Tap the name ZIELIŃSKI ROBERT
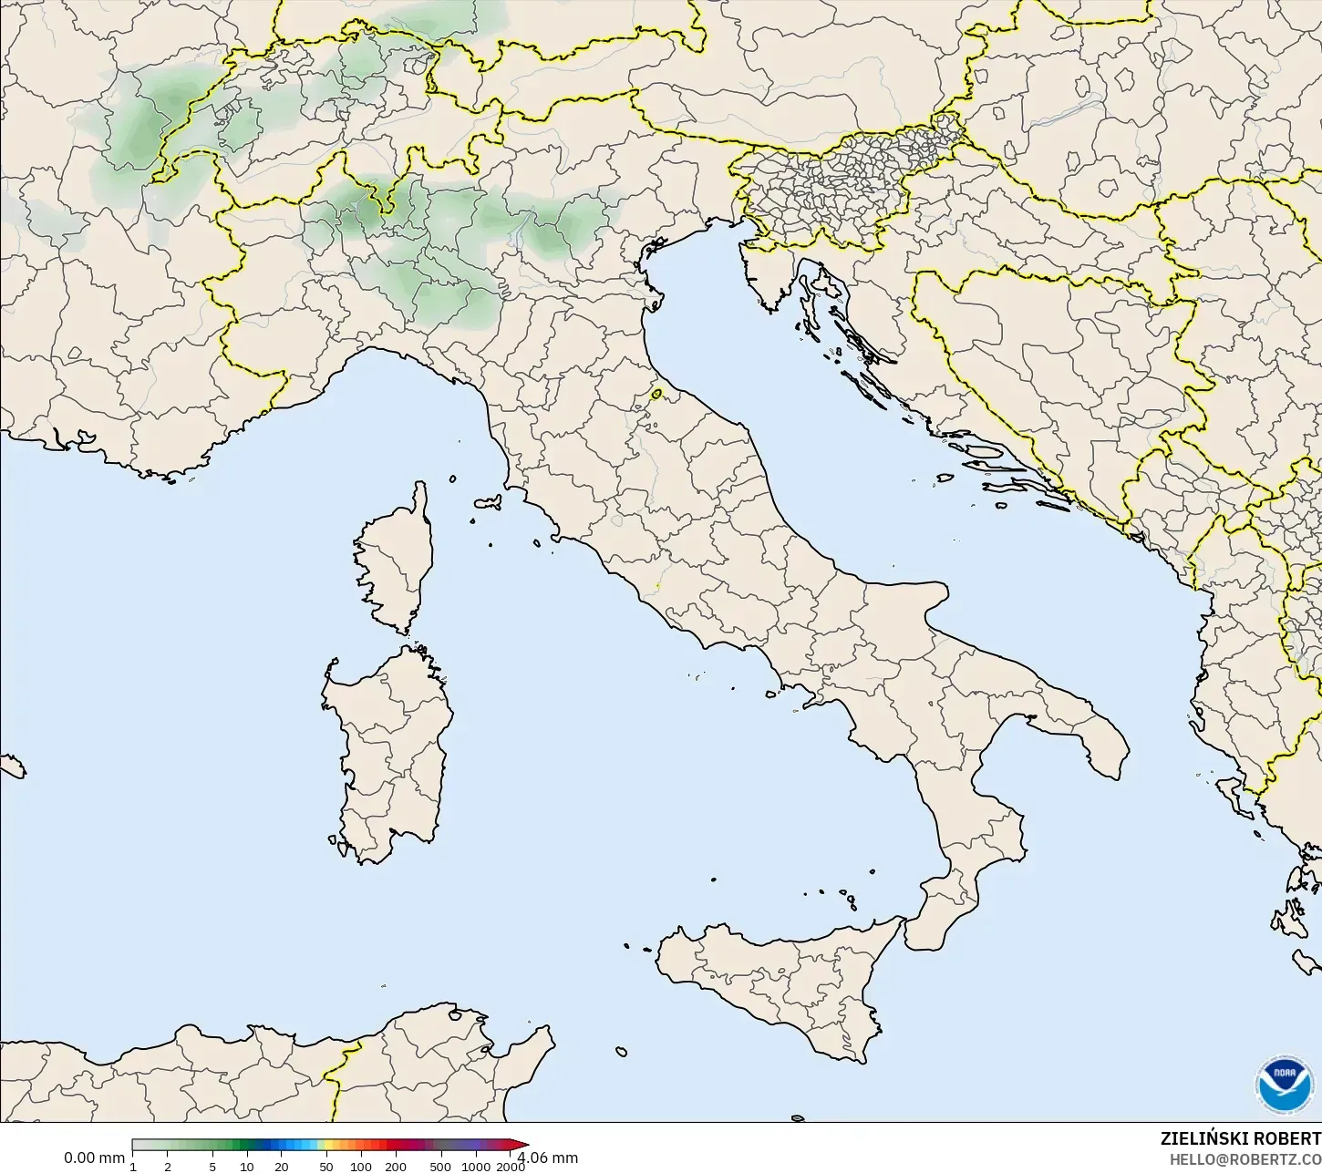pyautogui.click(x=1240, y=1138)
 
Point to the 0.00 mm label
pyautogui.click(x=94, y=1158)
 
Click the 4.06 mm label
pyautogui.click(x=549, y=1158)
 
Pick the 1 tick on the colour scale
pyautogui.click(x=133, y=1167)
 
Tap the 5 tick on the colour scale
pyautogui.click(x=212, y=1167)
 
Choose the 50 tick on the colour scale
pyautogui.click(x=326, y=1167)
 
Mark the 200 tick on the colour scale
pyautogui.click(x=395, y=1167)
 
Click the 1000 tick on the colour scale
pyautogui.click(x=475, y=1167)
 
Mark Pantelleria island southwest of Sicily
pyautogui.click(x=622, y=1053)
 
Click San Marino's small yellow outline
pyautogui.click(x=656, y=395)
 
